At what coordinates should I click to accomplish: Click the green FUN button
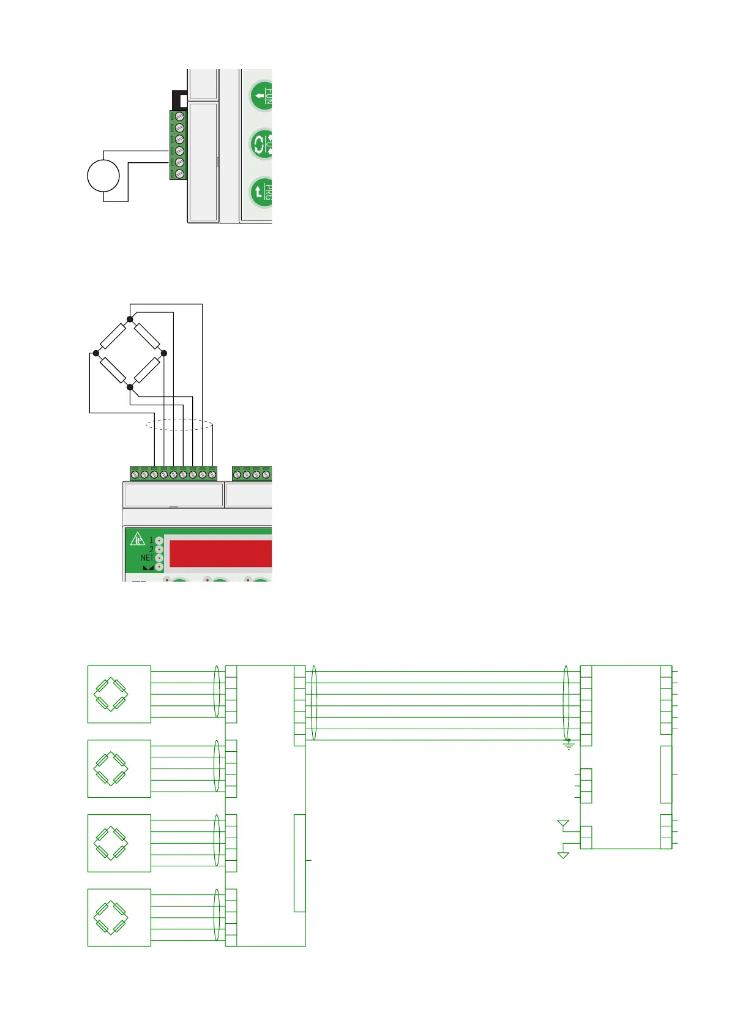tap(262, 96)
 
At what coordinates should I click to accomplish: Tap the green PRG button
tap(262, 192)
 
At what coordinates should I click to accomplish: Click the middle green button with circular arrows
tap(262, 144)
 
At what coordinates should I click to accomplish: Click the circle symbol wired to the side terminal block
tap(103, 176)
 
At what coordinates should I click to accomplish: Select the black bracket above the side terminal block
tap(178, 98)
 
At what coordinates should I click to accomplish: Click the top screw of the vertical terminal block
tap(180, 116)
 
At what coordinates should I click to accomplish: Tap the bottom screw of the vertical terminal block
tap(180, 174)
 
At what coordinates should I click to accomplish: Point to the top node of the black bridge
tap(130, 319)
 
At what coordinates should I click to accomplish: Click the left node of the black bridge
tap(95, 353)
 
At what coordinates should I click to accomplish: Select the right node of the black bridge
tap(163, 353)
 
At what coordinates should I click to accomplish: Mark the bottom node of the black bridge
tap(130, 387)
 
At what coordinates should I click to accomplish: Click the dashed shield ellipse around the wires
tap(179, 425)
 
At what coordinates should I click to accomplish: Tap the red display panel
tap(220, 553)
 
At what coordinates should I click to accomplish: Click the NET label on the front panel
tap(147, 558)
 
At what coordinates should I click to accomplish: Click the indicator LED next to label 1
tap(159, 541)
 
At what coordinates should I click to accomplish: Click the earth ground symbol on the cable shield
tap(569, 745)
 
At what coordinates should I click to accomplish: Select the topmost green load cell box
tap(119, 694)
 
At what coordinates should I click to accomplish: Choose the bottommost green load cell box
tap(119, 918)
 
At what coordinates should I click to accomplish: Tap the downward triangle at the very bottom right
tap(563, 855)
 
